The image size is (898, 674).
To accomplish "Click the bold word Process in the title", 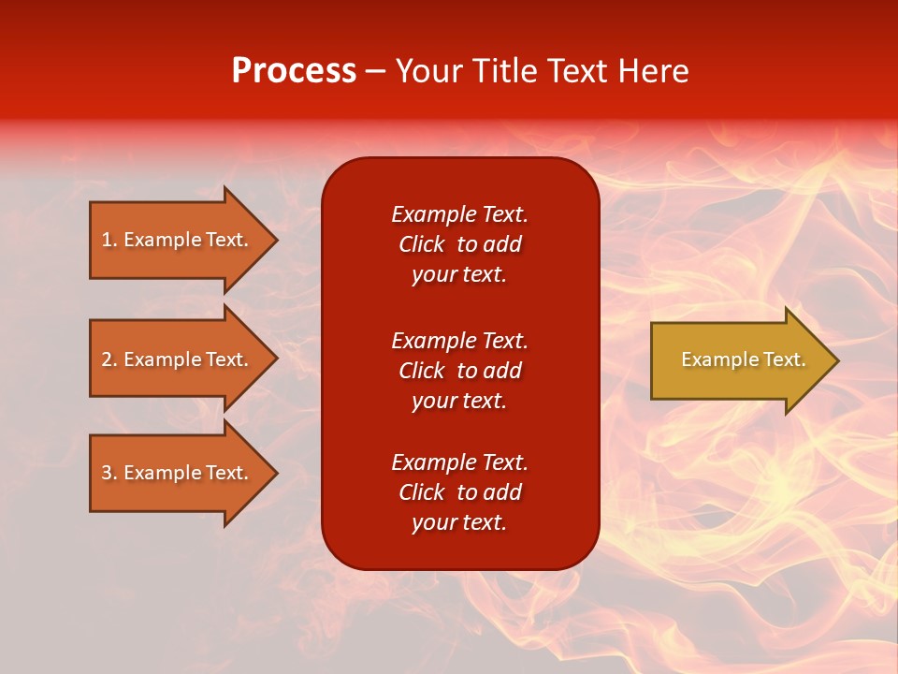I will pos(294,71).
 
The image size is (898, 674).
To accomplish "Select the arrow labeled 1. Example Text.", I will pos(178,240).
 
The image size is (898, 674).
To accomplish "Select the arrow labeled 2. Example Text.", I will pos(178,359).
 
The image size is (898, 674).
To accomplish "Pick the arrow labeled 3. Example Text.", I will pos(178,473).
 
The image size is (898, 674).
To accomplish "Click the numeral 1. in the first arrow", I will pos(109,240).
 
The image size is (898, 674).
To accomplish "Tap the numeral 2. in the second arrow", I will pos(109,359).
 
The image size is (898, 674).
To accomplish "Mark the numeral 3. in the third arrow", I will pos(109,473).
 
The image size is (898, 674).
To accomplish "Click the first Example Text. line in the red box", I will pos(459,214).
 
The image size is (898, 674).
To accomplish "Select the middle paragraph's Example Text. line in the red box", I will pos(459,340).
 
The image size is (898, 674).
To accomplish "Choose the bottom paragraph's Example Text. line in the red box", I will pos(459,462).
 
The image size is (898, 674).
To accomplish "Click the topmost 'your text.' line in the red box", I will pos(459,275).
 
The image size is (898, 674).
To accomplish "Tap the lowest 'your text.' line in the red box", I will pos(459,523).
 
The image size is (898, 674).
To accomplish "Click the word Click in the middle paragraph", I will pos(421,371).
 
